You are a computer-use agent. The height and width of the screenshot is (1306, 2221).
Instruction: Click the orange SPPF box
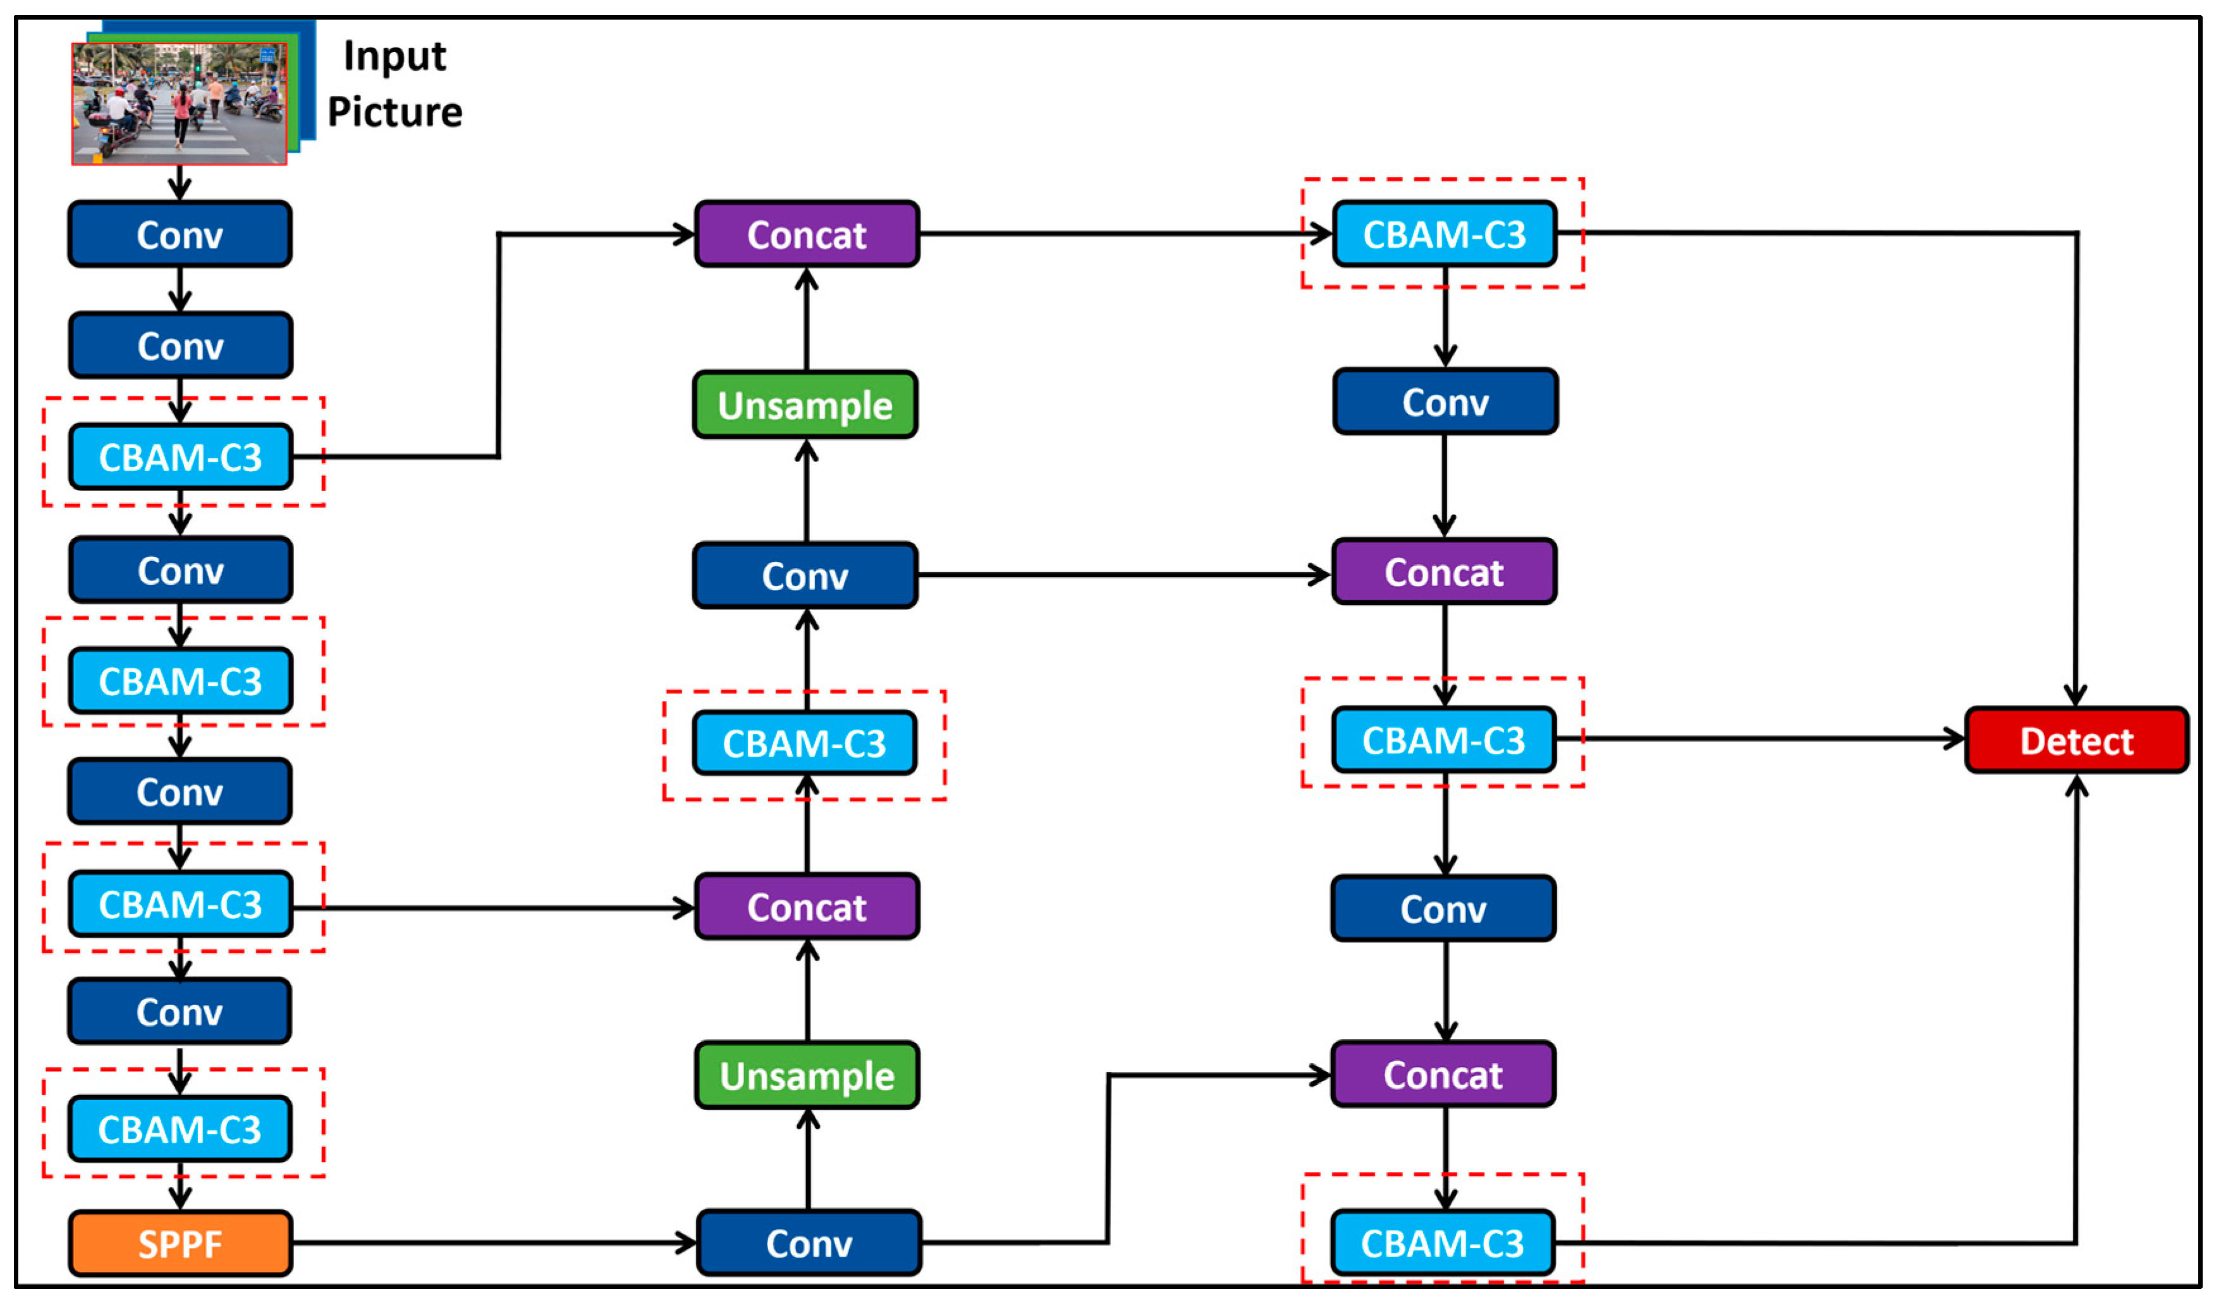pyautogui.click(x=180, y=1243)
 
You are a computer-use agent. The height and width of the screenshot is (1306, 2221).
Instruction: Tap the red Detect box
pyautogui.click(x=2076, y=740)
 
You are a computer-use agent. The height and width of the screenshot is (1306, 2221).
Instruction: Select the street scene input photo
pyautogui.click(x=179, y=104)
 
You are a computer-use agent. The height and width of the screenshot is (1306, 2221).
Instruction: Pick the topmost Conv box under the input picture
pyautogui.click(x=180, y=235)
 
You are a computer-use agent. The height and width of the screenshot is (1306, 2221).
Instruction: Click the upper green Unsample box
pyautogui.click(x=805, y=405)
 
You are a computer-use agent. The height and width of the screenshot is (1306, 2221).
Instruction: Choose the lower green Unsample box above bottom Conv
pyautogui.click(x=807, y=1075)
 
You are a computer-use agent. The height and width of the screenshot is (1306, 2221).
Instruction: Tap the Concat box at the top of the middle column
pyautogui.click(x=807, y=235)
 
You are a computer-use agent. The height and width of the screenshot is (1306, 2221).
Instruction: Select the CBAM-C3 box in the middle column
pyautogui.click(x=805, y=743)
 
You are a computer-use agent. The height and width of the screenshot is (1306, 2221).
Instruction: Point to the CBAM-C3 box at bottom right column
pyautogui.click(x=1442, y=1243)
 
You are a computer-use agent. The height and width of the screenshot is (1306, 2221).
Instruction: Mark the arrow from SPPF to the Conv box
pyautogui.click(x=494, y=1243)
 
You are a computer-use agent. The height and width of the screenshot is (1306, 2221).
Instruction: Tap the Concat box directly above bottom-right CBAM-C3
pyautogui.click(x=1443, y=1074)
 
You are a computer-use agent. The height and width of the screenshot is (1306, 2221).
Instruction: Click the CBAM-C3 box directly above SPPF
pyautogui.click(x=180, y=1129)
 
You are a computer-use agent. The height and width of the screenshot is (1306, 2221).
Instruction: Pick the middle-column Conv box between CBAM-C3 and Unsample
pyautogui.click(x=805, y=575)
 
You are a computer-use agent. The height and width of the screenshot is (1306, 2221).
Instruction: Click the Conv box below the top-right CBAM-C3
pyautogui.click(x=1445, y=402)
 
